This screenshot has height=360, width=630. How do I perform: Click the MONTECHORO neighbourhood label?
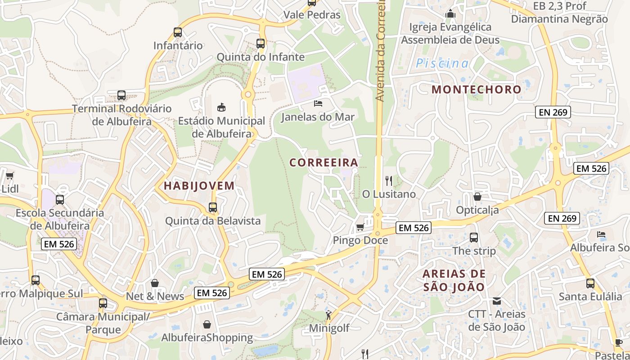click(476, 89)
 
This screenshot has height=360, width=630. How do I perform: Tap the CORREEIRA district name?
click(324, 162)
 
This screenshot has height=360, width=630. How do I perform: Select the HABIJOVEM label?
click(199, 185)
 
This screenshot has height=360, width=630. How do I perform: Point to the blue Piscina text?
click(442, 63)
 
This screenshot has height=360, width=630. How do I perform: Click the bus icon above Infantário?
click(178, 32)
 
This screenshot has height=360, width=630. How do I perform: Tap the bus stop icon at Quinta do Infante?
click(261, 44)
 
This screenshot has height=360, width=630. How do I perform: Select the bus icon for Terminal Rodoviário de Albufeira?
click(121, 95)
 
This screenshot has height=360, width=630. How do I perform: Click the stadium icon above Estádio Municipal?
click(221, 107)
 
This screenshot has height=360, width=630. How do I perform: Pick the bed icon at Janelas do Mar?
click(318, 103)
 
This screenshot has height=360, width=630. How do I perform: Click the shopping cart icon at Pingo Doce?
click(360, 227)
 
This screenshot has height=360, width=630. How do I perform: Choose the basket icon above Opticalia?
click(477, 197)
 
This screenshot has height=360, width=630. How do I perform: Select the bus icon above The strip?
click(474, 238)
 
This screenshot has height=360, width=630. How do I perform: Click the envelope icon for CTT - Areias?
click(497, 301)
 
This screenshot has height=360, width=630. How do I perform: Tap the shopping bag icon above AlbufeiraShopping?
click(207, 324)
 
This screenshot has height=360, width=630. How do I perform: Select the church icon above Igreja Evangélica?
click(450, 14)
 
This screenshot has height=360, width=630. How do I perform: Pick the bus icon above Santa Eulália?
click(590, 283)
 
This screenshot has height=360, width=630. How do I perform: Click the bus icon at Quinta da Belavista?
click(213, 207)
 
